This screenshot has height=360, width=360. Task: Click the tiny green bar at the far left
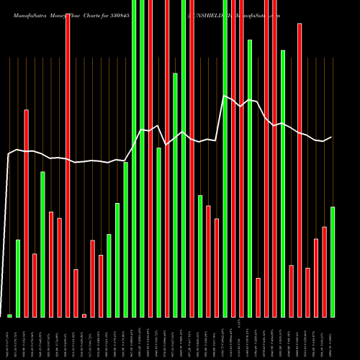pos(9,315)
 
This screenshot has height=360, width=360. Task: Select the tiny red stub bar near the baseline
pos(84,315)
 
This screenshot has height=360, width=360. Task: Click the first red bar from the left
pos(26,213)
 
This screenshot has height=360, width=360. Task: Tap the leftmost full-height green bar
pos(134,158)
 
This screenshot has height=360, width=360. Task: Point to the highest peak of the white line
pos(225,96)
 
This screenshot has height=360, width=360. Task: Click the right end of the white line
pos(332,137)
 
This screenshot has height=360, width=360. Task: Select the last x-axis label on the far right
pos(333,338)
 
